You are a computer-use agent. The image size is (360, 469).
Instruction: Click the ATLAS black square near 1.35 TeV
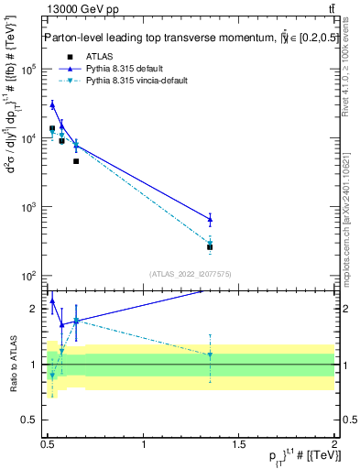point(210,246)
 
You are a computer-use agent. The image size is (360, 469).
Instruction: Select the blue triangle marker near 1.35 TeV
point(210,219)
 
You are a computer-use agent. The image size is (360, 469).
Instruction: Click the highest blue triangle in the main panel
point(52,104)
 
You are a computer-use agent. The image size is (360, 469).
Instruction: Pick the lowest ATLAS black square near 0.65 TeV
point(76,161)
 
